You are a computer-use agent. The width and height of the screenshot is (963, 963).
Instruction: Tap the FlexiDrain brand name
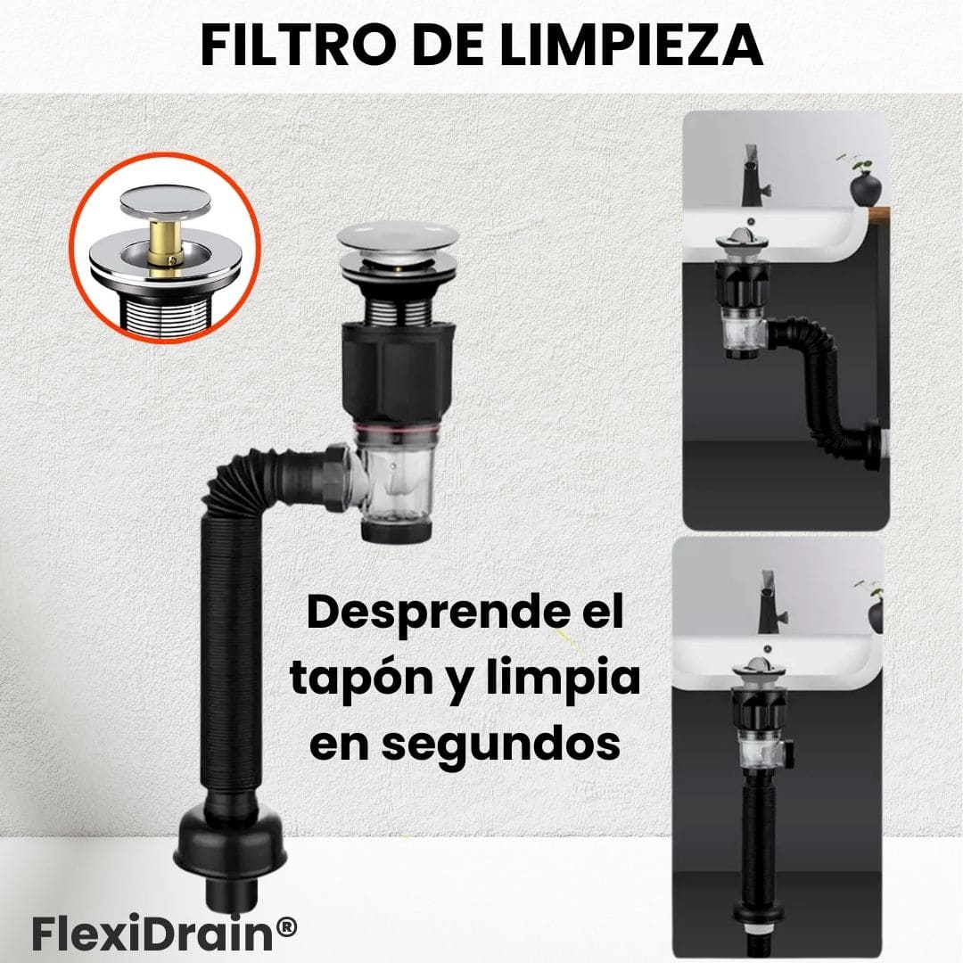(x=153, y=934)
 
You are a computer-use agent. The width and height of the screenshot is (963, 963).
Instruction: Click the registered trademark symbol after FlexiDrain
(x=286, y=926)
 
